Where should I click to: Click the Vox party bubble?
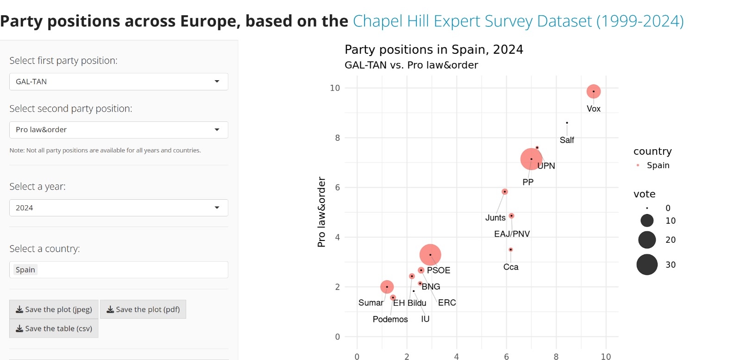(x=593, y=91)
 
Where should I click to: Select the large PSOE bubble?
(x=430, y=254)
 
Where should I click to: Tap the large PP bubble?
(x=531, y=159)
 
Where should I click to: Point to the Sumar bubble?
(x=387, y=287)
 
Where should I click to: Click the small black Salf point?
(x=567, y=123)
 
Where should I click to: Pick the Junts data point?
(x=505, y=191)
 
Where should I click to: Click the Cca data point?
(x=510, y=249)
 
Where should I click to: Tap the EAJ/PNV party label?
(x=512, y=234)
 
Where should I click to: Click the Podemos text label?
(x=390, y=319)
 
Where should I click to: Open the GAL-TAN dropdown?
(x=119, y=82)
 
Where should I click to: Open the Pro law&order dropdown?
(x=119, y=130)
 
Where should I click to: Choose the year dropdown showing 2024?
(x=119, y=208)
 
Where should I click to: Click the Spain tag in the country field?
(x=25, y=270)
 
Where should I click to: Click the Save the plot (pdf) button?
(x=143, y=309)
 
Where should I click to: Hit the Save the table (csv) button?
(x=54, y=328)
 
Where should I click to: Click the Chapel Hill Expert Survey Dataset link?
(x=518, y=21)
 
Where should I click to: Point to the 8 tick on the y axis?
(x=337, y=138)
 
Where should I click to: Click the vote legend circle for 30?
(x=647, y=265)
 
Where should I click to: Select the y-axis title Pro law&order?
(x=321, y=212)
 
